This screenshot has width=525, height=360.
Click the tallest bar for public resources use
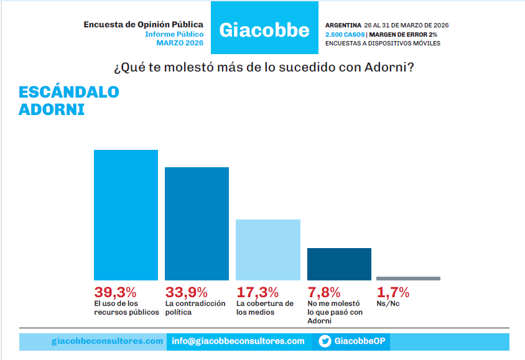coord(126,215)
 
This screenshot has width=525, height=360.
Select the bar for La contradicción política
coord(197,223)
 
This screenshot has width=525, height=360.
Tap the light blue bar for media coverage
coord(268,249)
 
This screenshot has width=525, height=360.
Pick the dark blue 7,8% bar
coord(340,264)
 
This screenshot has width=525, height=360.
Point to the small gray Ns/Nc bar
coord(408,279)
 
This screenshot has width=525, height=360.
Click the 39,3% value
coord(115,292)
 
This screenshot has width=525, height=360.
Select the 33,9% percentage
coord(186,292)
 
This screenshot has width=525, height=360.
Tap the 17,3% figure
coord(258,292)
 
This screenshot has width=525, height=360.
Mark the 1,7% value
coord(393,292)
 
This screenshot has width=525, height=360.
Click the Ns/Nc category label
coord(388,304)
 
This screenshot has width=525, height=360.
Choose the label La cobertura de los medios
coord(265,308)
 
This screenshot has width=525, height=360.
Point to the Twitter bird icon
coord(325,341)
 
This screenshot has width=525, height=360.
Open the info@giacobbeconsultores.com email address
coord(238,341)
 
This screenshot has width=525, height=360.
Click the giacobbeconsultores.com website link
coord(107,341)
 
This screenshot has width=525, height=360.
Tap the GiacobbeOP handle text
coord(360,341)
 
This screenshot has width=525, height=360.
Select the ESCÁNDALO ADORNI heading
coord(68,101)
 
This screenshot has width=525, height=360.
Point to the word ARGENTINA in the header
coord(343,25)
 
